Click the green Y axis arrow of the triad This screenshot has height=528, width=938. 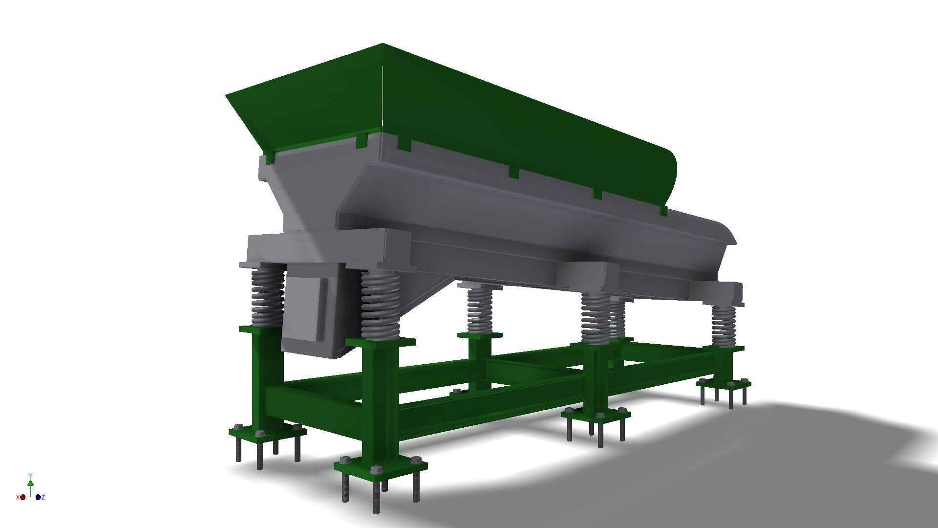click(30, 483)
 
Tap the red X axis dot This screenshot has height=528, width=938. click(22, 497)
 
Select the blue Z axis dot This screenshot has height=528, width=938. click(39, 497)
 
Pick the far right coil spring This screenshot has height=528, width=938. click(723, 325)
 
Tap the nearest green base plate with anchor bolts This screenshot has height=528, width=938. click(380, 465)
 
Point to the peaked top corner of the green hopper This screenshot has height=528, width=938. click(382, 45)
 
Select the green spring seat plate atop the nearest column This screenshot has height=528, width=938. click(380, 341)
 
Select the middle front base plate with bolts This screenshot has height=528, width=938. click(596, 416)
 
